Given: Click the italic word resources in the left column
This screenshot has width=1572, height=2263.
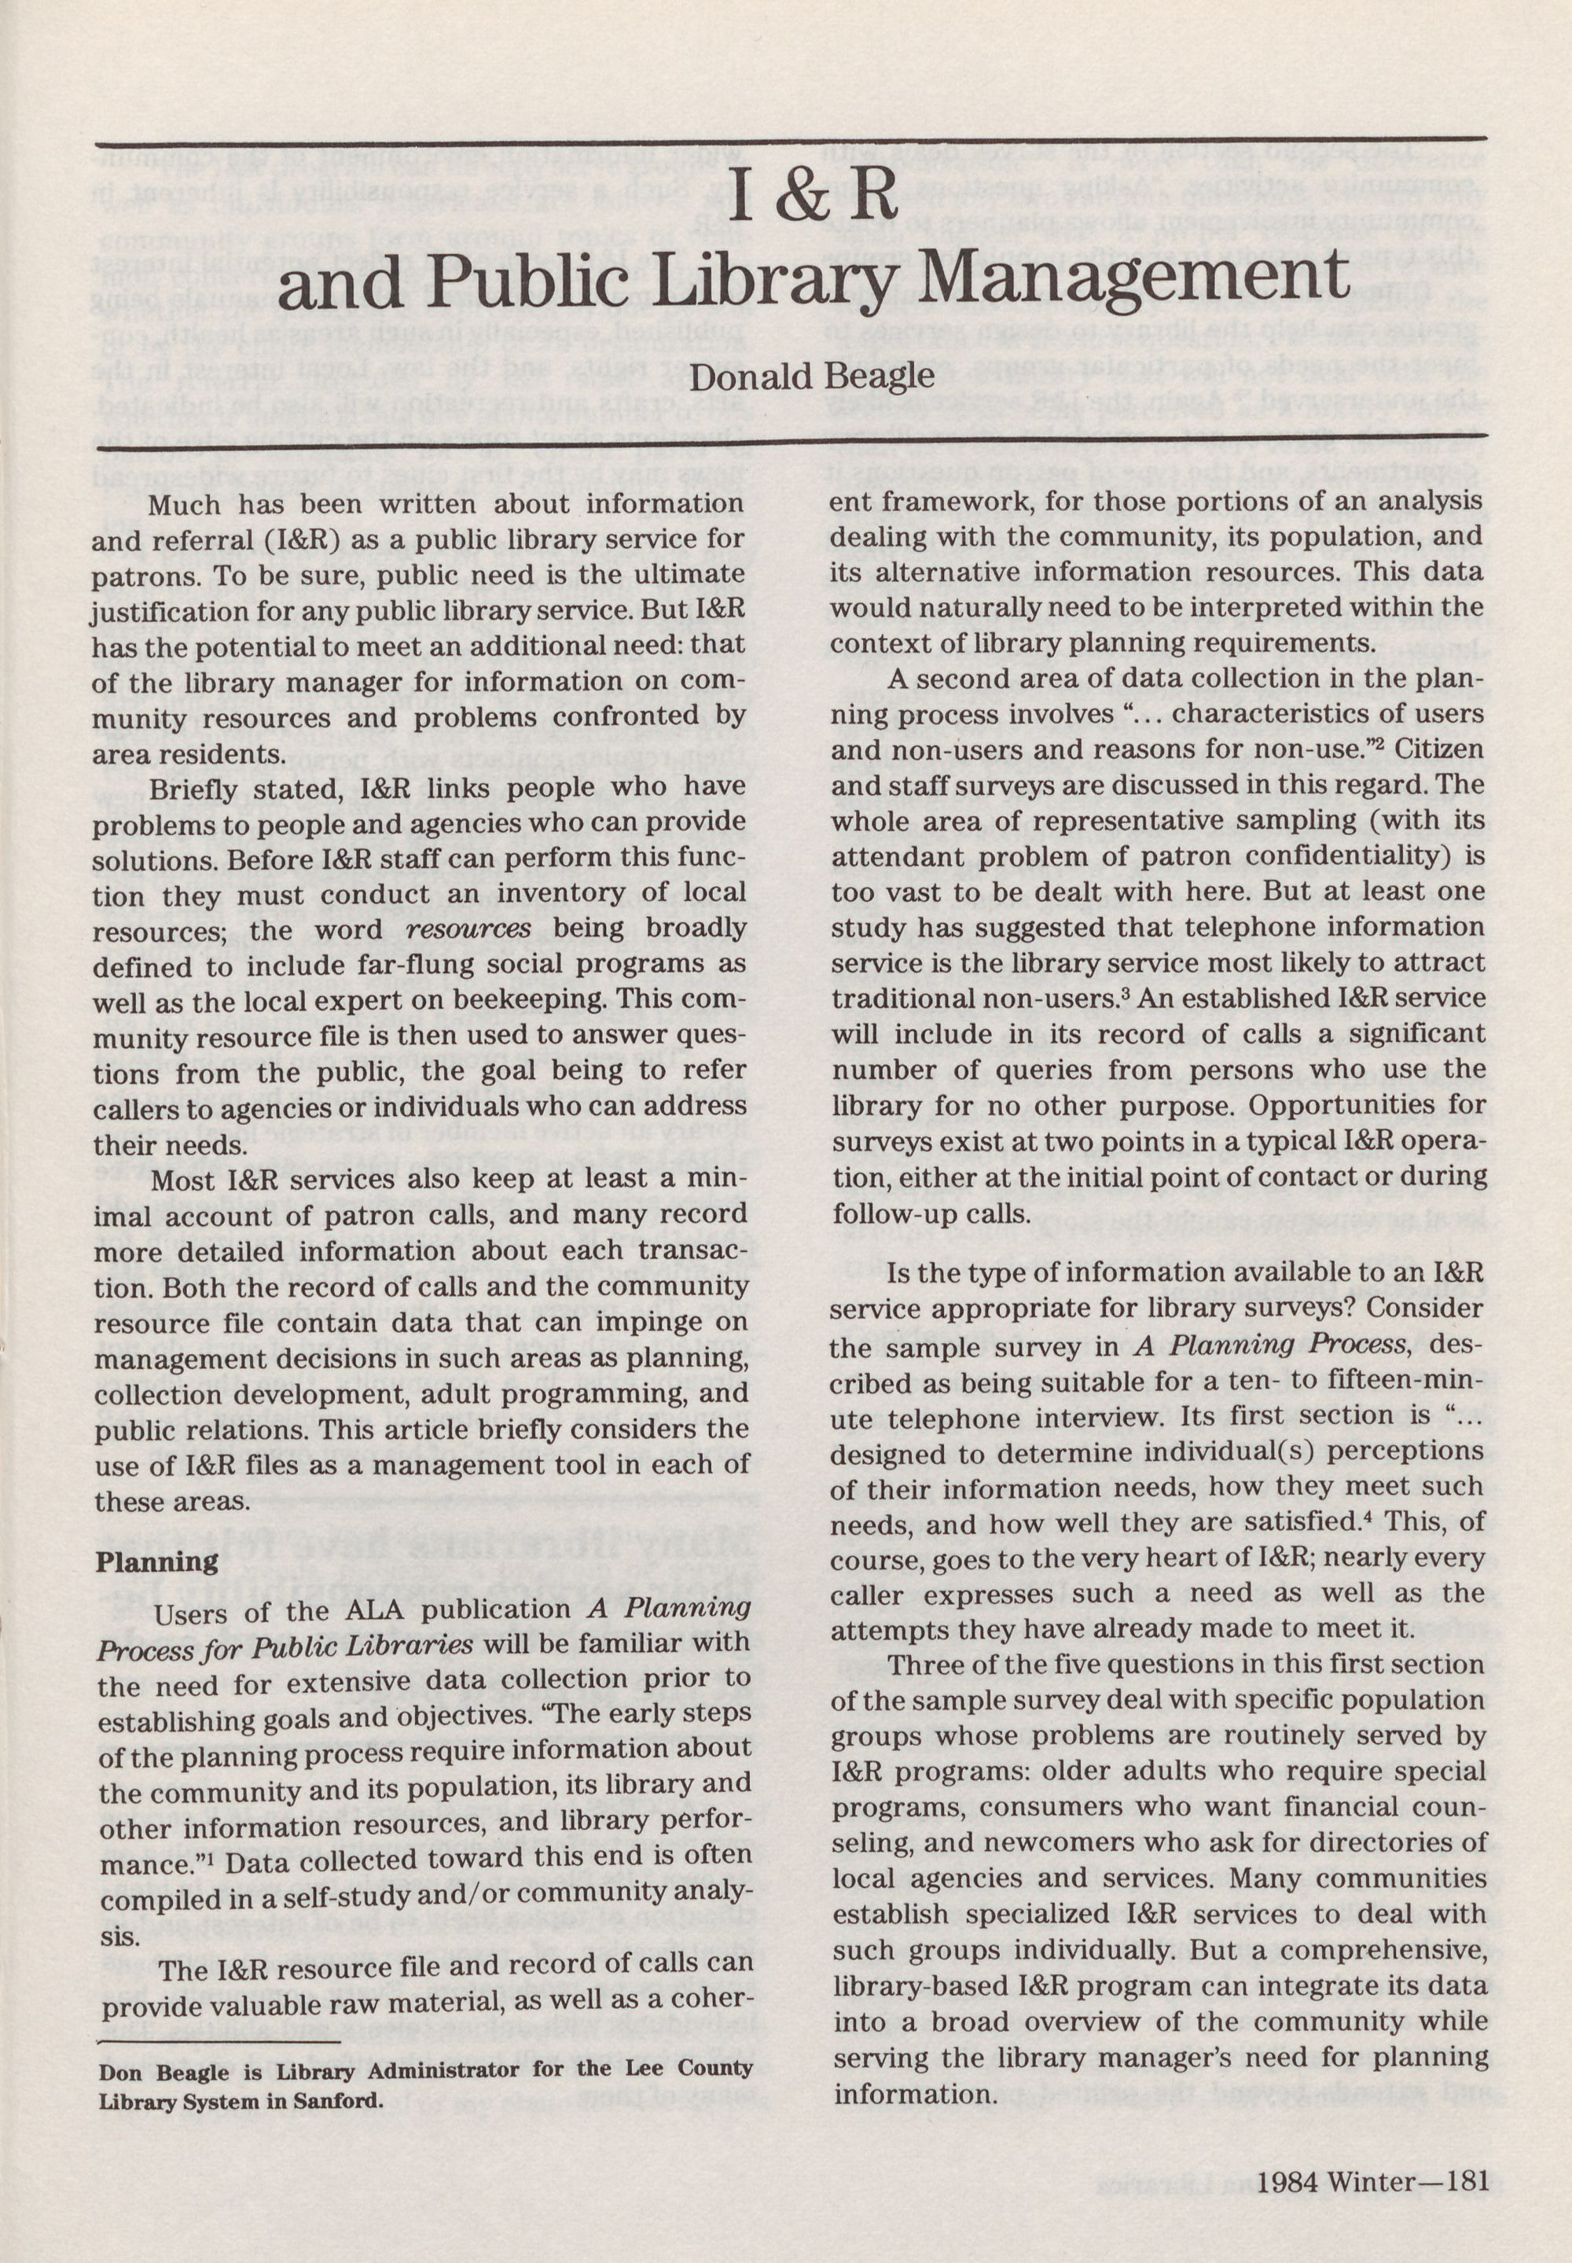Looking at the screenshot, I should [468, 929].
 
